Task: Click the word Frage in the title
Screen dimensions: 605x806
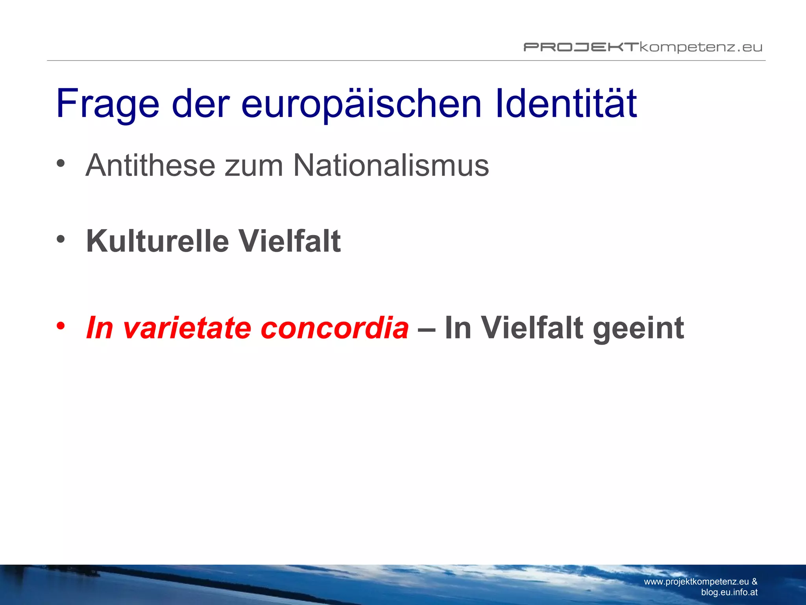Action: [x=107, y=104]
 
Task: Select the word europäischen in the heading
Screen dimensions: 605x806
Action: [x=361, y=104]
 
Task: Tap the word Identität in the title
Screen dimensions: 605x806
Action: [x=566, y=103]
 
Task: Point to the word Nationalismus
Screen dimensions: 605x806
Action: [x=391, y=165]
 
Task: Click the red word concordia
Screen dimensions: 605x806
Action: [x=335, y=328]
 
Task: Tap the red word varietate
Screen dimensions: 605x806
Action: [x=187, y=328]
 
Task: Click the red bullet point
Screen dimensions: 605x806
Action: [x=60, y=325]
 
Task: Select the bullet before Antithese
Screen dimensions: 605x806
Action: [x=60, y=163]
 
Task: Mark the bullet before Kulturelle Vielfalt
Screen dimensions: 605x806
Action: [x=60, y=239]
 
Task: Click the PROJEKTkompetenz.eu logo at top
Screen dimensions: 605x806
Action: [x=643, y=47]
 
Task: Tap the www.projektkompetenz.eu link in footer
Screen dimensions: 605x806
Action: [x=696, y=582]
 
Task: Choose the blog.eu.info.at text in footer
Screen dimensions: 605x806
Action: [x=729, y=592]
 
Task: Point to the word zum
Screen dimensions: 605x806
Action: [x=254, y=165]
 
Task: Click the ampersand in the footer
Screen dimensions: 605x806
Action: [x=754, y=582]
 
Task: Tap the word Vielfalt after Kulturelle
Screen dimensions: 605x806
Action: [x=290, y=241]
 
